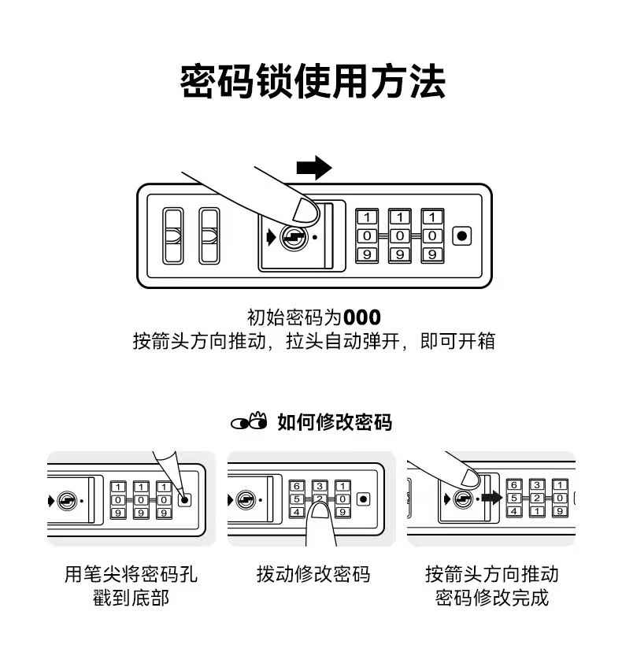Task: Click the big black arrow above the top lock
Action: tap(313, 167)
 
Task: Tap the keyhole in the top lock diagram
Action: tap(294, 238)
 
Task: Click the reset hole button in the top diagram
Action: tap(462, 236)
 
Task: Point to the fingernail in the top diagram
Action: tap(304, 210)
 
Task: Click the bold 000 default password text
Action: tap(362, 317)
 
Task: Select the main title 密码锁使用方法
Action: tap(313, 82)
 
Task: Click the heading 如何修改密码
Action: tap(335, 422)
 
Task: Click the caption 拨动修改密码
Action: tap(313, 574)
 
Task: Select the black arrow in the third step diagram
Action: tap(492, 498)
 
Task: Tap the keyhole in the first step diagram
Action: tap(68, 500)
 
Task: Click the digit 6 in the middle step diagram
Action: tap(297, 486)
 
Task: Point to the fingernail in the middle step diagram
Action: tap(320, 510)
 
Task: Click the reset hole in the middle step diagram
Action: tap(363, 499)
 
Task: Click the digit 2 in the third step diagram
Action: tap(537, 498)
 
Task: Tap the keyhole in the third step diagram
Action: tap(463, 498)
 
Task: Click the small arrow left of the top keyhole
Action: tap(271, 237)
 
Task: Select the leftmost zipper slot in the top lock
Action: tap(172, 236)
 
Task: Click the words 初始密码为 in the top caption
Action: tap(294, 317)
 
